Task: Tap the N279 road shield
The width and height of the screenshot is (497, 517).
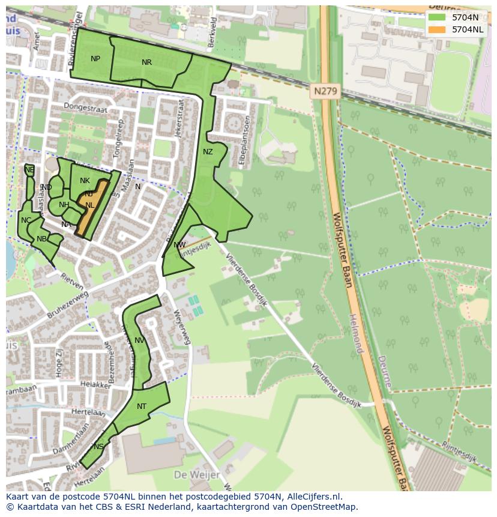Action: [x=325, y=92]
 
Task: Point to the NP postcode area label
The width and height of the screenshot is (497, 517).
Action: [x=95, y=59]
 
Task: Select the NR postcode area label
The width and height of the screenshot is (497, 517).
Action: [x=146, y=62]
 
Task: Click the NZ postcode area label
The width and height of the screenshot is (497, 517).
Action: [x=208, y=152]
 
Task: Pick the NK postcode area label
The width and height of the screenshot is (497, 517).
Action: [x=85, y=181]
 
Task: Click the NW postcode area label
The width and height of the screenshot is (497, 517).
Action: [x=179, y=245]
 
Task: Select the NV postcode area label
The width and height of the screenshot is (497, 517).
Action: [x=139, y=340]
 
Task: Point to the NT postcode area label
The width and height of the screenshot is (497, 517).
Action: [x=142, y=407]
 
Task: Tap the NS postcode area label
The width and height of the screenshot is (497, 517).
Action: [x=98, y=446]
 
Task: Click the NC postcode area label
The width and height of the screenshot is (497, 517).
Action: [x=26, y=220]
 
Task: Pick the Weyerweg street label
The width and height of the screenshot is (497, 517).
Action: [x=181, y=327]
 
